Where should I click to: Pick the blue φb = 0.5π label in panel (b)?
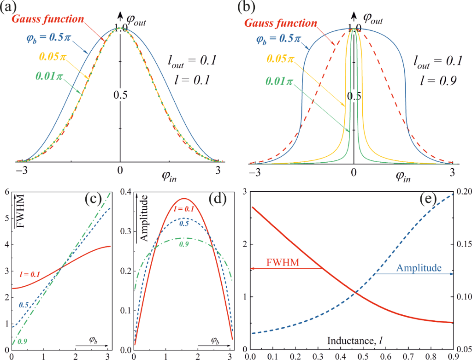[274, 38]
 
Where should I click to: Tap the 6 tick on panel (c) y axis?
[6, 192]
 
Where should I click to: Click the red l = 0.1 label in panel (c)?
[31, 274]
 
